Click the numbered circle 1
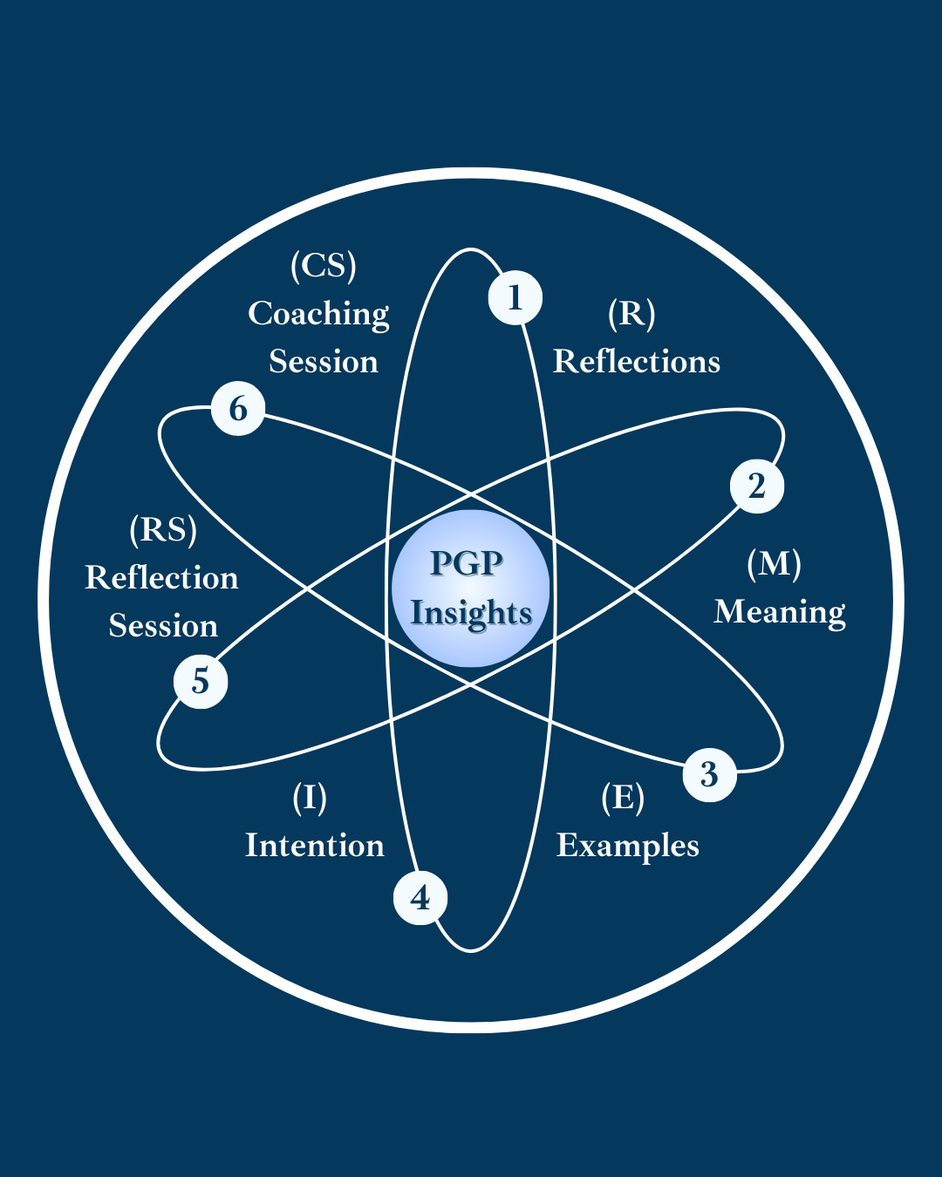coord(515,298)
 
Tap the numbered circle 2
coord(756,486)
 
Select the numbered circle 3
coord(709,773)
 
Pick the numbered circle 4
coord(420,897)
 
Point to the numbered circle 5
coord(201,681)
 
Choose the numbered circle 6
coord(238,408)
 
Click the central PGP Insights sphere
coord(471,588)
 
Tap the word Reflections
coord(637,361)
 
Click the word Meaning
coord(780,612)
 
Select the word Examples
coord(628,846)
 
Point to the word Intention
coord(315,845)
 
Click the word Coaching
coord(318,314)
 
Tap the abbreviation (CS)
coord(324,265)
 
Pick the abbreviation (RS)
coord(163,529)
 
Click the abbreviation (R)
coord(631,313)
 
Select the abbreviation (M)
coord(775,563)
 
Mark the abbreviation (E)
coord(623,797)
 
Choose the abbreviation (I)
coord(310,797)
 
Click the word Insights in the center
coord(471,613)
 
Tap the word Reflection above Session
coord(161,578)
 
